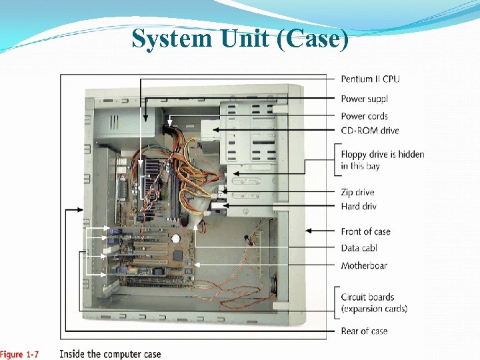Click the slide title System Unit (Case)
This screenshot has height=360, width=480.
point(240,38)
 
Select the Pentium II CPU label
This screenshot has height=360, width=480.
point(370,79)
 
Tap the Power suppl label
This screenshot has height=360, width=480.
point(364,99)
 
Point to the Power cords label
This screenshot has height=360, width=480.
point(364,116)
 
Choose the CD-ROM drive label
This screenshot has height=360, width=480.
point(370,131)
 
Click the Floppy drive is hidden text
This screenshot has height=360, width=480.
point(383,154)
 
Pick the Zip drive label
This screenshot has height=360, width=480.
point(357,193)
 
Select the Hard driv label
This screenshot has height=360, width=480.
point(359,207)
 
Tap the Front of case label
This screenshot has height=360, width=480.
point(365,231)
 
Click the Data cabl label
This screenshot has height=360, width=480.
point(359,248)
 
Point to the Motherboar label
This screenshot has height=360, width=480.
point(364,265)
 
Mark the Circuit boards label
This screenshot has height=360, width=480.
point(367,297)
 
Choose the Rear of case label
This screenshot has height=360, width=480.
point(364,331)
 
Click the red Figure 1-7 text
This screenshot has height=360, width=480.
point(19,354)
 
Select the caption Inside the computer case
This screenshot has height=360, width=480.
point(110,354)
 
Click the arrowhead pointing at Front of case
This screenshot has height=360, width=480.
point(308,231)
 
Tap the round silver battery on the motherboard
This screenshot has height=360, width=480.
point(176,237)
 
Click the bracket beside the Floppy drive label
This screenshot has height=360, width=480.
point(335,160)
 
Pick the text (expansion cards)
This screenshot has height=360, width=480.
point(374,308)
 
